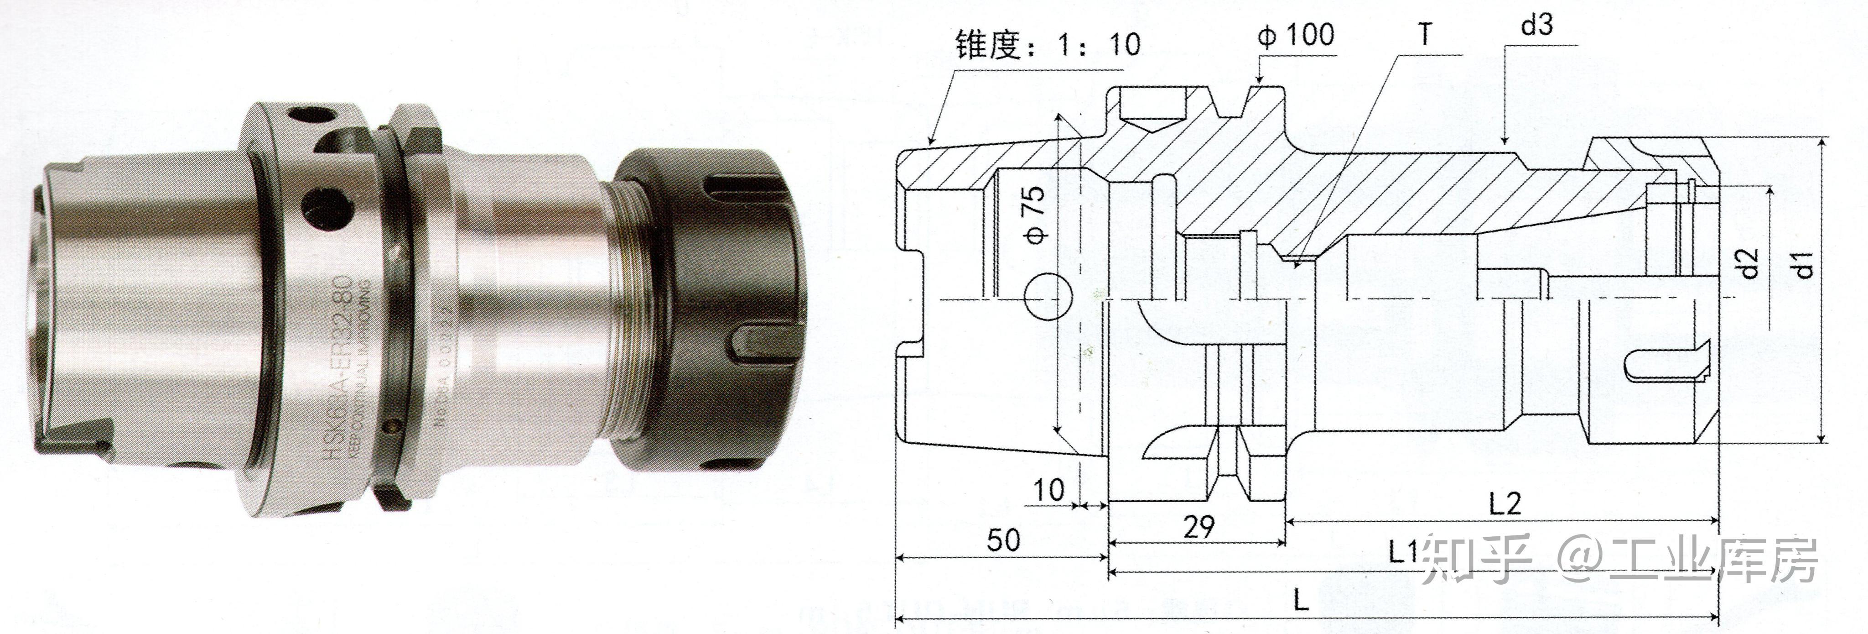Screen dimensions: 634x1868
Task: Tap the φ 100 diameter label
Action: click(1296, 35)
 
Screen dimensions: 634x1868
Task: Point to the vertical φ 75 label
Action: click(1038, 215)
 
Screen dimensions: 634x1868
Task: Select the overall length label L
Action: click(1302, 599)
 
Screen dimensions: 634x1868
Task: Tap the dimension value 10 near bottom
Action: click(1048, 490)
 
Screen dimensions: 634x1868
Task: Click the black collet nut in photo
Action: click(714, 308)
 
